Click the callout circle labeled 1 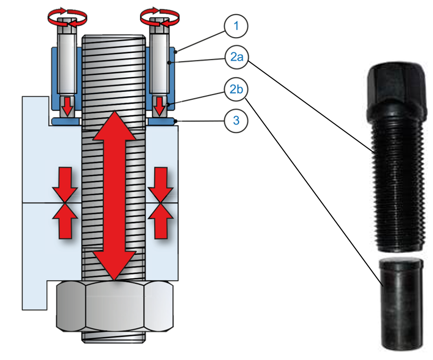pos(235,27)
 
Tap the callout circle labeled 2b pos(235,90)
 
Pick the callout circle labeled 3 pos(235,122)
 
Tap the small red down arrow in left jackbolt pos(66,106)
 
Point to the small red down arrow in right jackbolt pos(159,106)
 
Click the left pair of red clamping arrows pos(65,202)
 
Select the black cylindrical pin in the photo pos(402,303)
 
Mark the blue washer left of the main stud pos(65,122)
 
